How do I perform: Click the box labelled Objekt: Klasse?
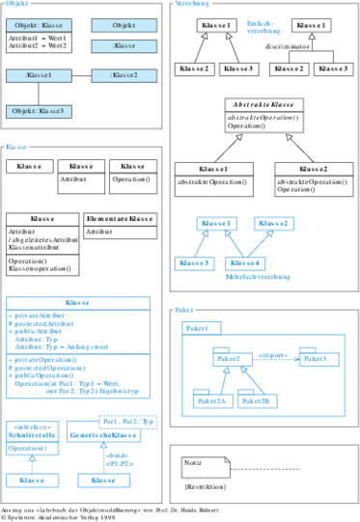[39, 25]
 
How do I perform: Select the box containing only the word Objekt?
[124, 25]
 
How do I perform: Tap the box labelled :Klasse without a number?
[124, 46]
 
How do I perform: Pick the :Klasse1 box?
[39, 75]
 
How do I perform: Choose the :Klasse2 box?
[124, 75]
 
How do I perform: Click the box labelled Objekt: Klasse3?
[39, 112]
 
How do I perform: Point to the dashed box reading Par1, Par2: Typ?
[127, 422]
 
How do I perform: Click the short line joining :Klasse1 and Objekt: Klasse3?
[39, 94]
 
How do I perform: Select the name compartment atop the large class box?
[78, 302]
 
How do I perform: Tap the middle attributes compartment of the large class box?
[78, 331]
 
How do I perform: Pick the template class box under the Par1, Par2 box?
[103, 437]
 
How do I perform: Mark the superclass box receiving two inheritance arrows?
[215, 224]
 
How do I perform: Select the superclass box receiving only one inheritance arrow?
[273, 224]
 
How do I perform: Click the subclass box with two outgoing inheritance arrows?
[245, 262]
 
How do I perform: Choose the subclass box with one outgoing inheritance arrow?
[194, 262]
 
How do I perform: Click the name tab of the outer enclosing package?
[201, 328]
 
